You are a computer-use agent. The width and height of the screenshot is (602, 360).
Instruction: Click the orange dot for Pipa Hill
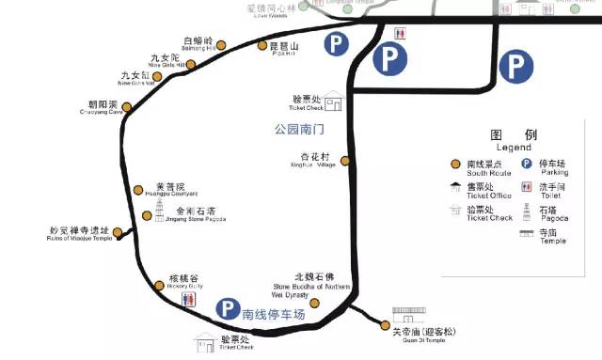pos(261,45)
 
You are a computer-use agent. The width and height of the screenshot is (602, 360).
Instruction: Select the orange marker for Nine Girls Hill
pos(191,65)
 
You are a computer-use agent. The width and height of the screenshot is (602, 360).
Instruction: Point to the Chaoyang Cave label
pos(103,105)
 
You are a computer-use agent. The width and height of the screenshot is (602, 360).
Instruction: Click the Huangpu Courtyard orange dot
pos(138,190)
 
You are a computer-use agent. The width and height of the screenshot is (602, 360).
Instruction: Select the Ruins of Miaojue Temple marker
pos(118,232)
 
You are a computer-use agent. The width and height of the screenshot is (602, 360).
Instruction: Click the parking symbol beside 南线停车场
pos(226,308)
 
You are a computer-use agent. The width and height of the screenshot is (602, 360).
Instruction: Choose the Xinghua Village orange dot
pos(344,161)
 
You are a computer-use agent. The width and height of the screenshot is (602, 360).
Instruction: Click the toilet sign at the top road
pos(402,31)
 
